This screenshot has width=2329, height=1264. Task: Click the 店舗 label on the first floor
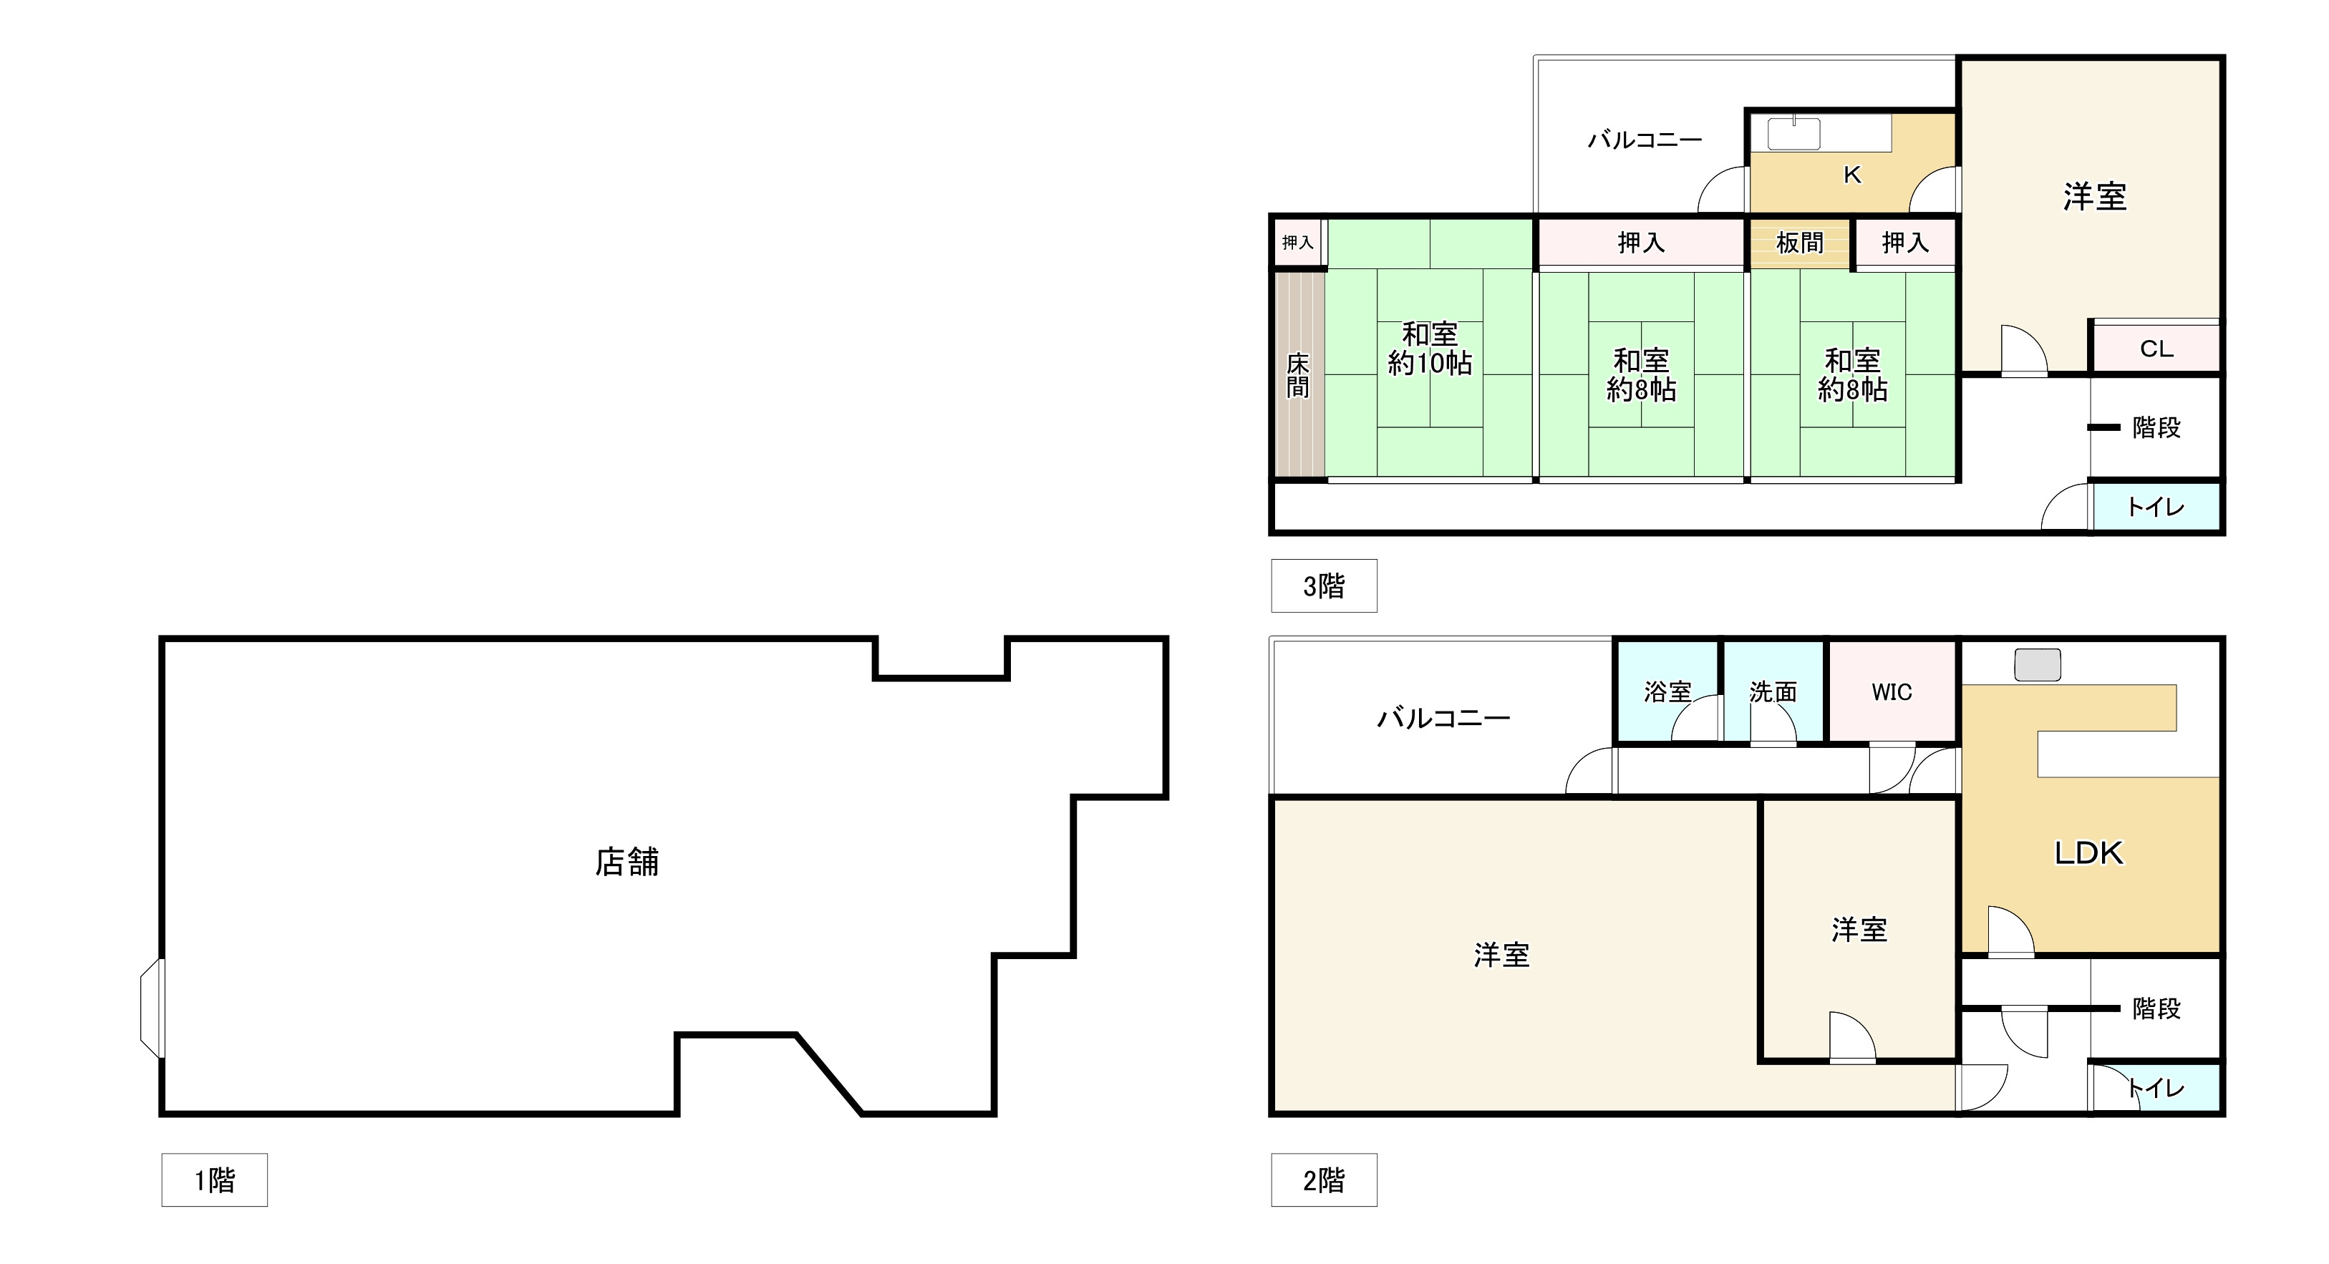tap(626, 862)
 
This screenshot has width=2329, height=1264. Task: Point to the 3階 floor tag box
tap(1324, 586)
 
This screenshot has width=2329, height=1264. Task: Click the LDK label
tap(2088, 852)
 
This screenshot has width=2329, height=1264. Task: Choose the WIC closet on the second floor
tap(1892, 691)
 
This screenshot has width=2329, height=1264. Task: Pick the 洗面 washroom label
tap(1772, 691)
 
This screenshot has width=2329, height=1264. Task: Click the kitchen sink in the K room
tap(1793, 134)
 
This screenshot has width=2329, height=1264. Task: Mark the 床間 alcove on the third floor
tap(1298, 374)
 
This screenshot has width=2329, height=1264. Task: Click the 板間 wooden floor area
tap(1799, 243)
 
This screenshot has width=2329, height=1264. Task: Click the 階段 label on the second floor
tap(2156, 1008)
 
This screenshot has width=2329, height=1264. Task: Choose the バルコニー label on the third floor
tap(1645, 140)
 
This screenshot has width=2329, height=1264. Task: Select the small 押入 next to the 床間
tap(1297, 243)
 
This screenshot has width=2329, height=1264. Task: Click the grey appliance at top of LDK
tap(2037, 664)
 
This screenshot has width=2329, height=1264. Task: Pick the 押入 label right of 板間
tap(1905, 243)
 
